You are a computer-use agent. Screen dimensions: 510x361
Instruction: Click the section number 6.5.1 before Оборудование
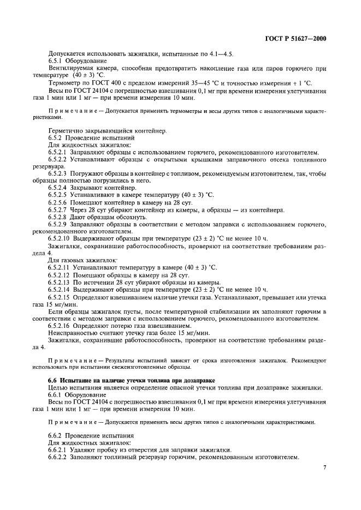(x=56, y=62)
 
